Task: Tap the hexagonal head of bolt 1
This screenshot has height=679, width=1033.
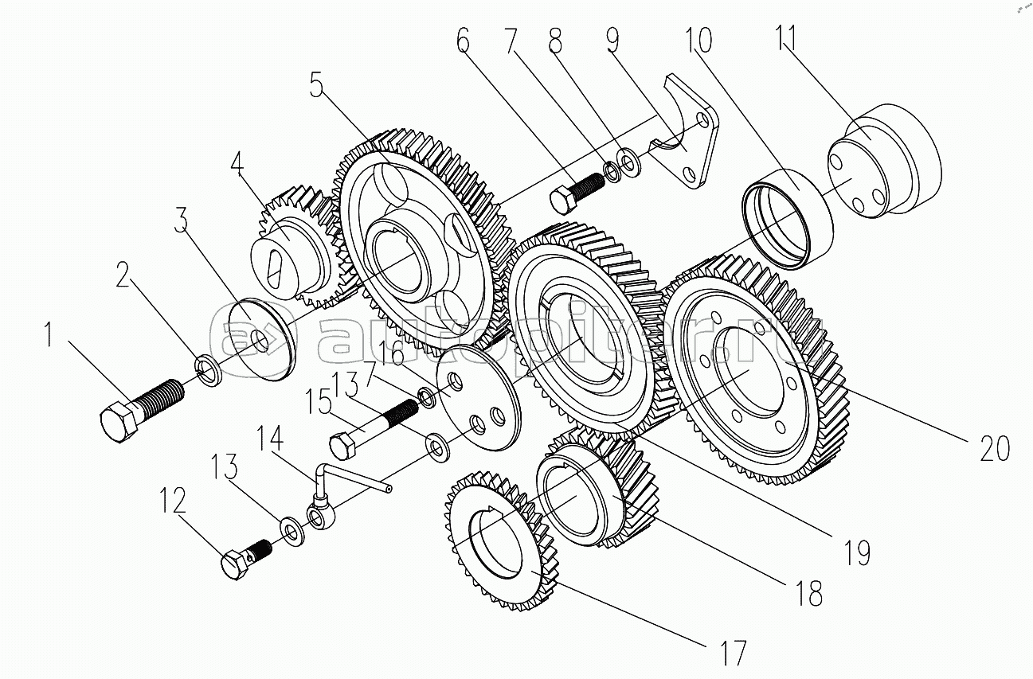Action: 119,421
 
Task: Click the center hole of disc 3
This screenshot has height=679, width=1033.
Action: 260,343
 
